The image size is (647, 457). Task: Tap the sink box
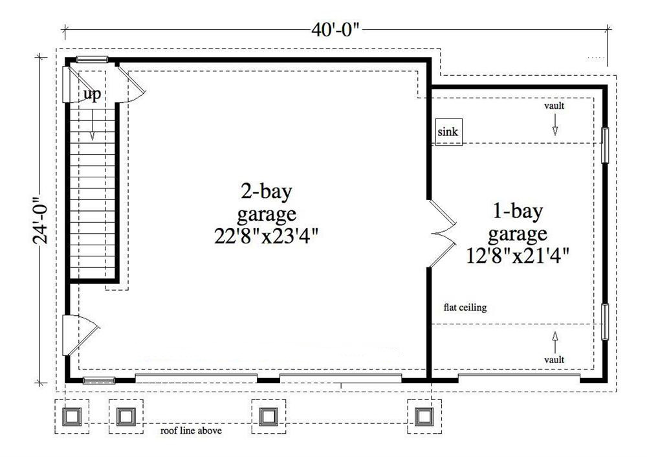(x=448, y=132)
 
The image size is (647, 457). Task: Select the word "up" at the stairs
(x=92, y=95)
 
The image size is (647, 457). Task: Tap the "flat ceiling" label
(x=465, y=308)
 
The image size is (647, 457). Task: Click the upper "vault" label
(x=554, y=106)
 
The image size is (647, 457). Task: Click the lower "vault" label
(x=554, y=359)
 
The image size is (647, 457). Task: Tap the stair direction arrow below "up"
(x=92, y=126)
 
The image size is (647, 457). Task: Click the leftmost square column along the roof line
(x=71, y=416)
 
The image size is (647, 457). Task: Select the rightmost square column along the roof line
(x=423, y=416)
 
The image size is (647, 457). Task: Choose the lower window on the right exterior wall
(x=606, y=322)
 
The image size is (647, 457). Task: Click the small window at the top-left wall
(x=92, y=60)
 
